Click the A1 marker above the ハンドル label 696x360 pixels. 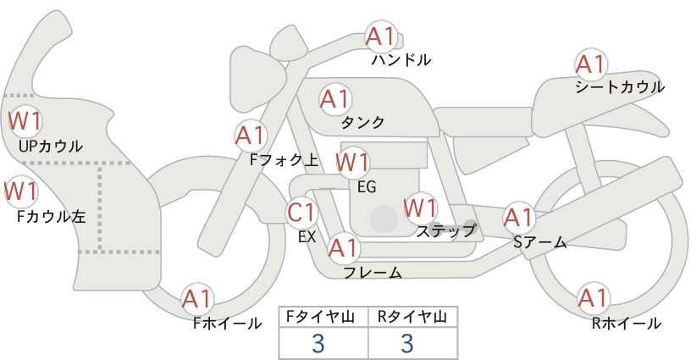tap(381, 36)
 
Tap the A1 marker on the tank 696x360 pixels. tap(335, 99)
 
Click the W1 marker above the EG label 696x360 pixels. tap(352, 162)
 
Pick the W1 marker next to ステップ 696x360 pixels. tap(420, 208)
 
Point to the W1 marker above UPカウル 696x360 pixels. tap(25, 121)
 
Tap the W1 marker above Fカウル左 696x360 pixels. tap(21, 191)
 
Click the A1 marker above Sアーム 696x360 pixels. tap(518, 218)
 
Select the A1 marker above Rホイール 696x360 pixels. tap(593, 298)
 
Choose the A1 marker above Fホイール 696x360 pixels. tap(196, 299)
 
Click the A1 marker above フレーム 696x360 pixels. tap(344, 248)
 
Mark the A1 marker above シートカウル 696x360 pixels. tap(591, 65)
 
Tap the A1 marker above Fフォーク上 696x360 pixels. tap(251, 136)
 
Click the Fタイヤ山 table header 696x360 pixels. tap(320, 317)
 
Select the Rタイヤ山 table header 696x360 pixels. tap(412, 317)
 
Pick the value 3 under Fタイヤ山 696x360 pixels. tap(318, 343)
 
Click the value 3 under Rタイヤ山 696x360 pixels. tap(407, 343)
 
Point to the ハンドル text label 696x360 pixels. tap(401, 59)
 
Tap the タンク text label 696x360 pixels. tap(362, 123)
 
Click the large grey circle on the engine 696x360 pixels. tap(384, 219)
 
